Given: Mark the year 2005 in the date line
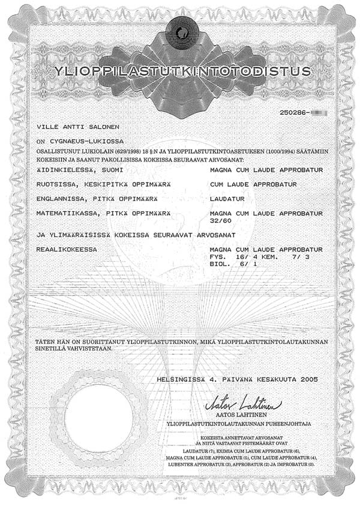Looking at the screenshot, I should click(x=307, y=379).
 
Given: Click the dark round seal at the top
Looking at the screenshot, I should click(x=181, y=28).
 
